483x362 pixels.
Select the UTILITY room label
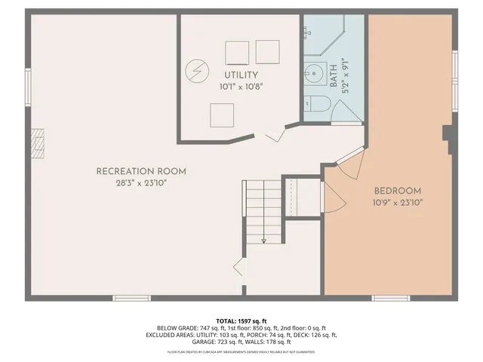click(x=241, y=75)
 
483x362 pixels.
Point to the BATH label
click(x=334, y=73)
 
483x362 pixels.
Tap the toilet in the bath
click(x=317, y=105)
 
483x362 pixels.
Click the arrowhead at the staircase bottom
click(x=263, y=241)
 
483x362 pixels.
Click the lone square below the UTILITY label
click(x=221, y=115)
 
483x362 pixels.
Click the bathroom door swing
click(x=346, y=113)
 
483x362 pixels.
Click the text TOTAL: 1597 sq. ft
click(x=241, y=321)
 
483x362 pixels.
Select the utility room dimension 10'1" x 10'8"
click(x=241, y=87)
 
